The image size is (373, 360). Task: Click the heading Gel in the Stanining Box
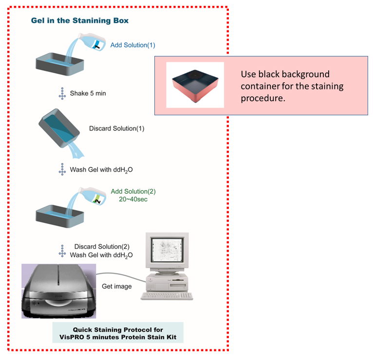pos(80,20)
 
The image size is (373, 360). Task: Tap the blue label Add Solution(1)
pos(133,45)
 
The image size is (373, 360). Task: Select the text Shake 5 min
pos(88,93)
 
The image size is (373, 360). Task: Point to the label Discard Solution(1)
pos(116,128)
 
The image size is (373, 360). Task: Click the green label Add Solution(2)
pos(133,191)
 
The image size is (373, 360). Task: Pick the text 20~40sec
pos(133,199)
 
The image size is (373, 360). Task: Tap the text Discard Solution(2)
pos(102,247)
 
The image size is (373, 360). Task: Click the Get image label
pos(116,287)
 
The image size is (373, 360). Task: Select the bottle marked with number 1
pos(93,42)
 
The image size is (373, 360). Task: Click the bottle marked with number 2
pos(93,196)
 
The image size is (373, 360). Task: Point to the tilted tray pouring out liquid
pos(59,128)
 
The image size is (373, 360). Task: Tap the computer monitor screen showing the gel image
pos(167,250)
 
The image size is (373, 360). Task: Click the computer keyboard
pos(167,296)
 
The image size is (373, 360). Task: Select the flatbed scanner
pos(59,291)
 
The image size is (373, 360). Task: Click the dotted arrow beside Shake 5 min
pos(62,93)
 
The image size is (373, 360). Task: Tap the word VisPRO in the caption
pos(71,337)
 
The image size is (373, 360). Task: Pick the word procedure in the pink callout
pos(263,98)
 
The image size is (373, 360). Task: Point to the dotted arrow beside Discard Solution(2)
pos(62,251)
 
